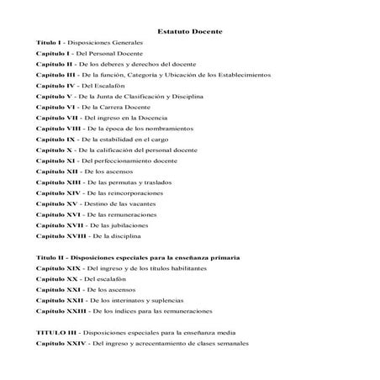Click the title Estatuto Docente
189,31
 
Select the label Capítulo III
57,75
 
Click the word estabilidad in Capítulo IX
115,140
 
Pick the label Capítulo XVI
57,215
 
